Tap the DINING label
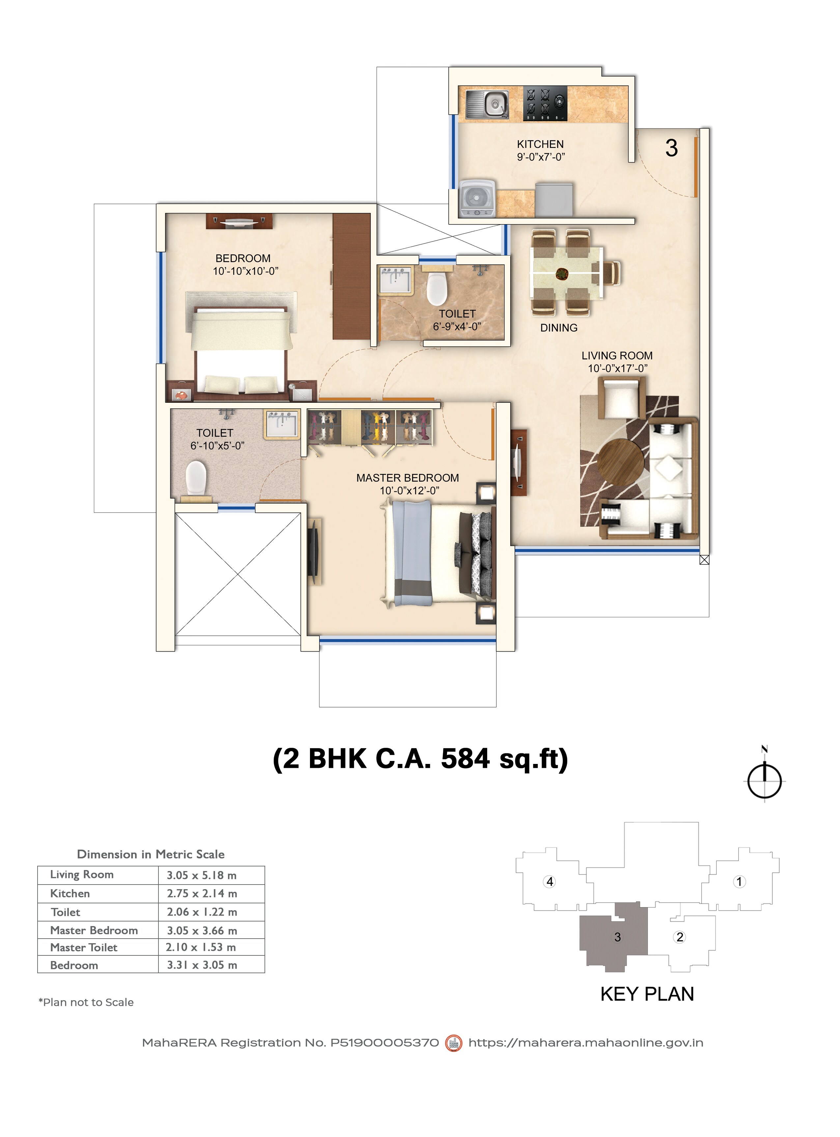[x=558, y=328]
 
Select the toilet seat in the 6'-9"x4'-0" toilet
[x=436, y=288]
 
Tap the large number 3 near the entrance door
[x=671, y=148]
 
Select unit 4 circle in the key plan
[x=549, y=881]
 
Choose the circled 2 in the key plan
[x=680, y=937]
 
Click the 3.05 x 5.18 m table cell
[x=202, y=875]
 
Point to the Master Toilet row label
[x=84, y=947]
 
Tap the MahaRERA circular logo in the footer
[x=454, y=1043]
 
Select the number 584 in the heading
[x=465, y=759]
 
